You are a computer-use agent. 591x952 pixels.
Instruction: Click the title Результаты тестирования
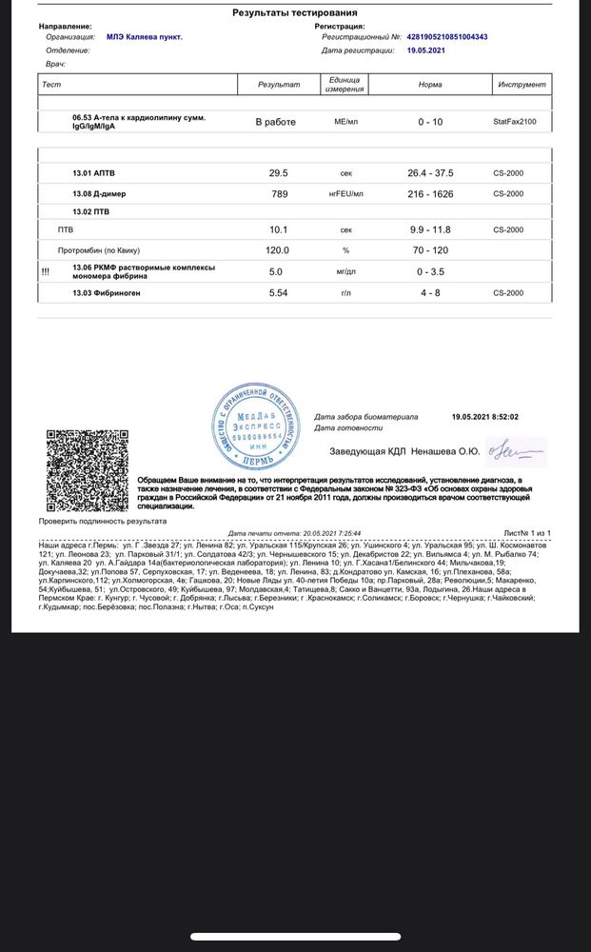[295, 12]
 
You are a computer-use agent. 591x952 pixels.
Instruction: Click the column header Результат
[279, 85]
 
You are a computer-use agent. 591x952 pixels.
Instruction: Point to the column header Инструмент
[522, 85]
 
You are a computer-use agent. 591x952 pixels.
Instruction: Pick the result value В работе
[276, 122]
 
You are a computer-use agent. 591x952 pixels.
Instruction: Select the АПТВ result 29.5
[279, 173]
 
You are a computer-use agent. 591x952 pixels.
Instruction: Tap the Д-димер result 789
[279, 194]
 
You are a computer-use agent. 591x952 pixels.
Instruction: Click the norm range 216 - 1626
[430, 194]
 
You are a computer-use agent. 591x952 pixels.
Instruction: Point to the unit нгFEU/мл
[346, 194]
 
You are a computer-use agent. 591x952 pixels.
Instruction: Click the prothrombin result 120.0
[279, 250]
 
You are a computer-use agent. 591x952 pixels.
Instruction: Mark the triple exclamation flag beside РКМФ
[45, 271]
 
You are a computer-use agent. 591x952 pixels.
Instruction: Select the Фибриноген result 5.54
[279, 293]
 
